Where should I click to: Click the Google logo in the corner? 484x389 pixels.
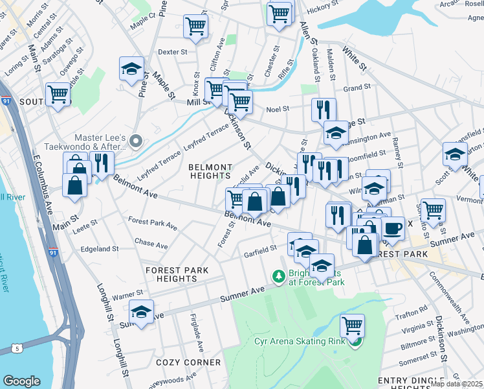(x=21, y=381)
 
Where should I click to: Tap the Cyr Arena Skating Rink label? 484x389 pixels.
(x=291, y=341)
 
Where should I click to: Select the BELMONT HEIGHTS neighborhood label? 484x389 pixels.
(x=210, y=171)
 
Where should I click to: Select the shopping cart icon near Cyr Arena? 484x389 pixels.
(x=352, y=324)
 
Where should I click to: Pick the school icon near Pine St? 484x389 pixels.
(x=131, y=68)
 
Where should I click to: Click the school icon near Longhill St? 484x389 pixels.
(x=142, y=311)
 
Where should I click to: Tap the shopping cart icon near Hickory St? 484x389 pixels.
(x=279, y=12)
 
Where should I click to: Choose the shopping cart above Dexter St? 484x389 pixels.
(x=195, y=26)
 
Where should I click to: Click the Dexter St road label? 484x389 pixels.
(x=172, y=51)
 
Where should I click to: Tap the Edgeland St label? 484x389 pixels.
(x=99, y=248)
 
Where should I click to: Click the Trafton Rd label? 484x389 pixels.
(x=414, y=309)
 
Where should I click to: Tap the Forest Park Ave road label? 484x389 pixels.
(x=153, y=223)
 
